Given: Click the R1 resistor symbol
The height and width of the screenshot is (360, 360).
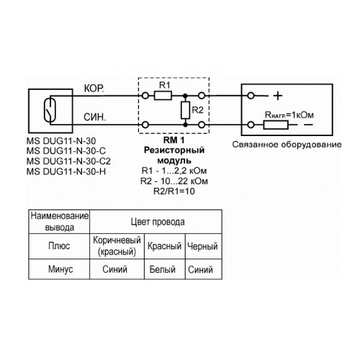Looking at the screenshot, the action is [x=163, y=96].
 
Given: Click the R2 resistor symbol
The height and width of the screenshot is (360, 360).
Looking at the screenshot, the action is [x=185, y=110].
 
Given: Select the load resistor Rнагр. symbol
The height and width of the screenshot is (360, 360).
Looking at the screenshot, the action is [x=276, y=125].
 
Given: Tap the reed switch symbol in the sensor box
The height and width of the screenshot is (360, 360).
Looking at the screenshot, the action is [x=50, y=110].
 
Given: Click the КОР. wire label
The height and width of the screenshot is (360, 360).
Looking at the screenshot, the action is [x=94, y=89].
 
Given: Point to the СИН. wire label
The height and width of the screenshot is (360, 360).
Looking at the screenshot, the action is [x=94, y=117].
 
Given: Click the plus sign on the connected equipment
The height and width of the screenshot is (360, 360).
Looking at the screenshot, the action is [x=278, y=96].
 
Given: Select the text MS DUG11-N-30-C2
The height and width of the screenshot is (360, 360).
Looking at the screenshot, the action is [x=68, y=161].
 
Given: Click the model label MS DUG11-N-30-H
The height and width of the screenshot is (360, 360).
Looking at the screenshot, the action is [x=66, y=171].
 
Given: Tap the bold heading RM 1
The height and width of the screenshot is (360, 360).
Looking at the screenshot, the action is [x=174, y=140].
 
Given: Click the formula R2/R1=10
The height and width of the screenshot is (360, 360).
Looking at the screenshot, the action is [x=174, y=192].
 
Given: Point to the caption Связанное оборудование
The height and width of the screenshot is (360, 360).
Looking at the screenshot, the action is [x=287, y=145].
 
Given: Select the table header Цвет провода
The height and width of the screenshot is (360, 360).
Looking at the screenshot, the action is [x=158, y=222].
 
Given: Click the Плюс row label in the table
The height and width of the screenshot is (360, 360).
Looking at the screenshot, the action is [x=59, y=246].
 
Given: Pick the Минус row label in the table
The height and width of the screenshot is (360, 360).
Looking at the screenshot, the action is [x=60, y=269].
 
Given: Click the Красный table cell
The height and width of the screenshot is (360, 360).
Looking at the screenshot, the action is [x=164, y=246].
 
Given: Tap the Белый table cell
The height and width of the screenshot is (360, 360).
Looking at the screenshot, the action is [x=162, y=269].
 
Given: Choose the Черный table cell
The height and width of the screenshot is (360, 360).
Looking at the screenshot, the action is [x=202, y=246].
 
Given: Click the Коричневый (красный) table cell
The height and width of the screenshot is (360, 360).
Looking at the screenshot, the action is [x=117, y=246].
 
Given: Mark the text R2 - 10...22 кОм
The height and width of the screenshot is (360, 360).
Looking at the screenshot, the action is [x=174, y=181].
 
